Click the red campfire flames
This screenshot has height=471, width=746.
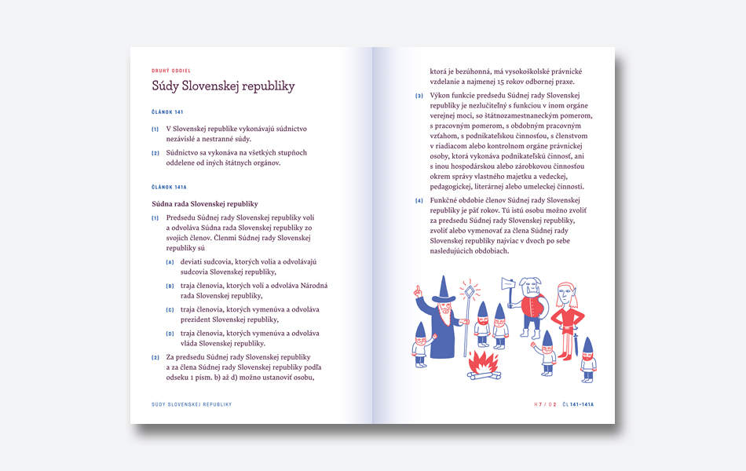point(483,362)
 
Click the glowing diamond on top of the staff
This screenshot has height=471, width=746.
point(470,291)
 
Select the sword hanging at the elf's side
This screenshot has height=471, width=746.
point(576,344)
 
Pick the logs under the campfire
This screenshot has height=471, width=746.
point(484,374)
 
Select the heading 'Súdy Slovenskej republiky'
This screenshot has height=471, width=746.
point(223,86)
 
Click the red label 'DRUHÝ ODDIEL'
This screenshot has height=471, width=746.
point(171,71)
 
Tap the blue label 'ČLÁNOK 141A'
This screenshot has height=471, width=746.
point(169,188)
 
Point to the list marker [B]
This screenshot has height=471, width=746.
point(170,286)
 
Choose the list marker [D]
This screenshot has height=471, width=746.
point(170,334)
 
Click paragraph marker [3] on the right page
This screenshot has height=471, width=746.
point(419,96)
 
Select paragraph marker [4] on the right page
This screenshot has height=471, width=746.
point(419,201)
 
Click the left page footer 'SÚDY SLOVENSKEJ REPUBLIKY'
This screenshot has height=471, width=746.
point(192,404)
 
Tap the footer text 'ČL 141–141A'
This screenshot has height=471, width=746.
point(578,404)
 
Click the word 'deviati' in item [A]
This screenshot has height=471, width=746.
point(192,261)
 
